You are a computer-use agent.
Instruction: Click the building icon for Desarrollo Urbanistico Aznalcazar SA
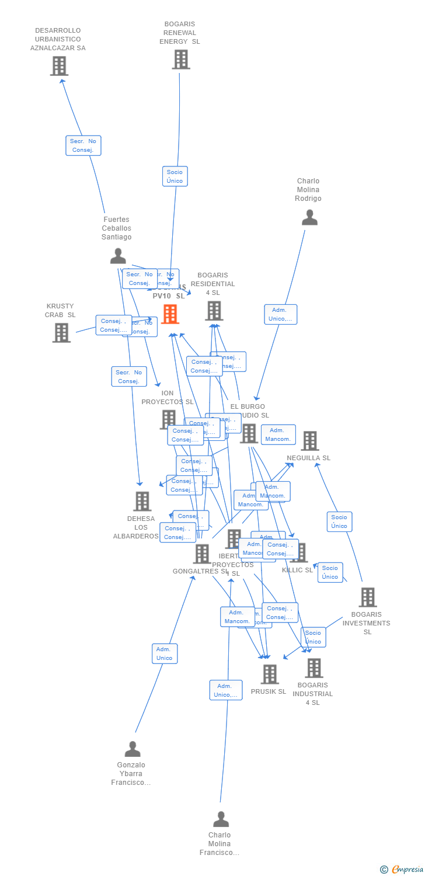point(59,66)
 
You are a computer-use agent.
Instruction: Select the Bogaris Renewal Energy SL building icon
point(181,60)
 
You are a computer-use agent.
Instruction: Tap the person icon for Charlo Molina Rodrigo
point(309,217)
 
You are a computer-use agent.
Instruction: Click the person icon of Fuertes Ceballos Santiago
point(118,256)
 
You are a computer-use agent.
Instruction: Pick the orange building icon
point(170,314)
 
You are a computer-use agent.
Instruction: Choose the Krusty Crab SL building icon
point(61,332)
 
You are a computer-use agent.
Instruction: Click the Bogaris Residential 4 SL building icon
point(214,311)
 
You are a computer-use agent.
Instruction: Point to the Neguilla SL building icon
point(309,441)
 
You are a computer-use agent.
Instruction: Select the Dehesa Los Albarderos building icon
point(142,501)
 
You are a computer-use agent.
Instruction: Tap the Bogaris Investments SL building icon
point(367,597)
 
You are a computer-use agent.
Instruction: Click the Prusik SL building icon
point(269,674)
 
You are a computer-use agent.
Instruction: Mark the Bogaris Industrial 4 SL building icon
point(313,668)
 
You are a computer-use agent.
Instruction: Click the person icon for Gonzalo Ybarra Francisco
point(133,749)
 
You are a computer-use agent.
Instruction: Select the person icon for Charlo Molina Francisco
point(221,819)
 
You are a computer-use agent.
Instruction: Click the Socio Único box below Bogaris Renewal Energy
point(175,176)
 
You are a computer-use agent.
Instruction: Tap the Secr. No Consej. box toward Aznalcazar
point(83,145)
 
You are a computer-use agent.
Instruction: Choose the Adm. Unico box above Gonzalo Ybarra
point(165,653)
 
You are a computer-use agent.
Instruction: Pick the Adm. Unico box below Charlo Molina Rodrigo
point(280,314)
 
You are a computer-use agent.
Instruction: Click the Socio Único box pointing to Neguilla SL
point(339,522)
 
